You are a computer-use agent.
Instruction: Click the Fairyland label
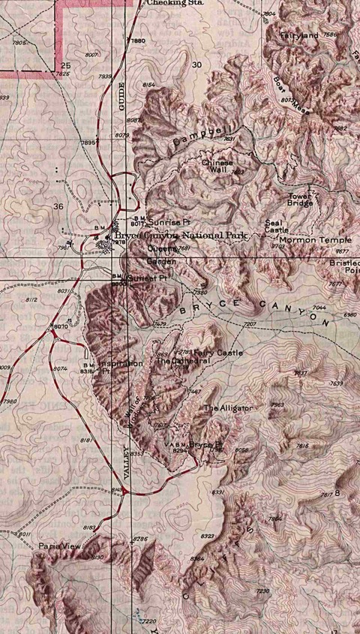pyautogui.click(x=299, y=35)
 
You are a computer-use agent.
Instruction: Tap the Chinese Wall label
pyautogui.click(x=217, y=167)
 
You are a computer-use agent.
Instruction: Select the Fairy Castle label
pyautogui.click(x=218, y=352)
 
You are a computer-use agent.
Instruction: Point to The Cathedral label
pyautogui.click(x=179, y=361)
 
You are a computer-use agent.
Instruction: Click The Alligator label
pyautogui.click(x=227, y=407)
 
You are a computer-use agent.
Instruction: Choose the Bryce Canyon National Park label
pyautogui.click(x=181, y=236)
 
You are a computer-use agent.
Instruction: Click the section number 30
pyautogui.click(x=196, y=65)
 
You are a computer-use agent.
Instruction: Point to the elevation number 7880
pyautogui.click(x=138, y=41)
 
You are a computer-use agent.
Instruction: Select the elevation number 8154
pyautogui.click(x=148, y=85)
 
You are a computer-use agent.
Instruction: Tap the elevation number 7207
pyautogui.click(x=250, y=323)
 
